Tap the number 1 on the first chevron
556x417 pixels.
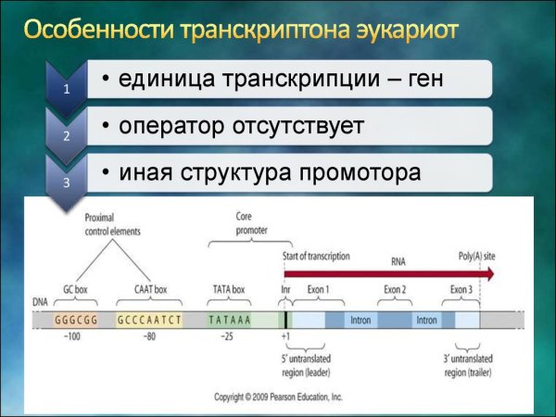tap(66, 90)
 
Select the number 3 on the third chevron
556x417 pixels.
tap(66, 182)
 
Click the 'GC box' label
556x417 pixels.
tap(73, 289)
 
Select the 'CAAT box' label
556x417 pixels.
tap(148, 289)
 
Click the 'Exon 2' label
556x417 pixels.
tap(396, 289)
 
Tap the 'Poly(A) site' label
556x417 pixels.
tap(478, 253)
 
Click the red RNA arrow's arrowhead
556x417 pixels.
tap(487, 274)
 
